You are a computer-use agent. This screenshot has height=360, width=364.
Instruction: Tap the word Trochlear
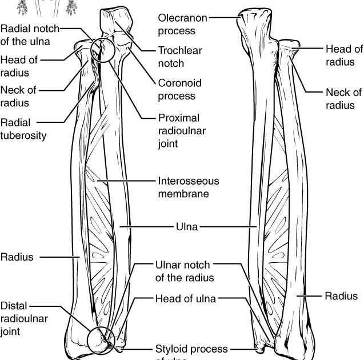tap(179, 50)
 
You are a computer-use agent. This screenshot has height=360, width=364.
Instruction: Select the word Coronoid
tap(179, 83)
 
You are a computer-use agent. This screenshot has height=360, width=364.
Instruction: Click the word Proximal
tap(179, 118)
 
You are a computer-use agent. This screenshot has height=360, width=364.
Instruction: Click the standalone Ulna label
tap(186, 227)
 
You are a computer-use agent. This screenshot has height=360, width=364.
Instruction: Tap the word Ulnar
tap(168, 265)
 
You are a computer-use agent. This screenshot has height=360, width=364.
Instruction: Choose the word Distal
tap(14, 306)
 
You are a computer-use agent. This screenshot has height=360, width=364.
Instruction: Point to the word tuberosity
tap(23, 135)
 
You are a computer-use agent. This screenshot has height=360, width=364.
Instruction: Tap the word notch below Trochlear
tap(170, 63)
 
